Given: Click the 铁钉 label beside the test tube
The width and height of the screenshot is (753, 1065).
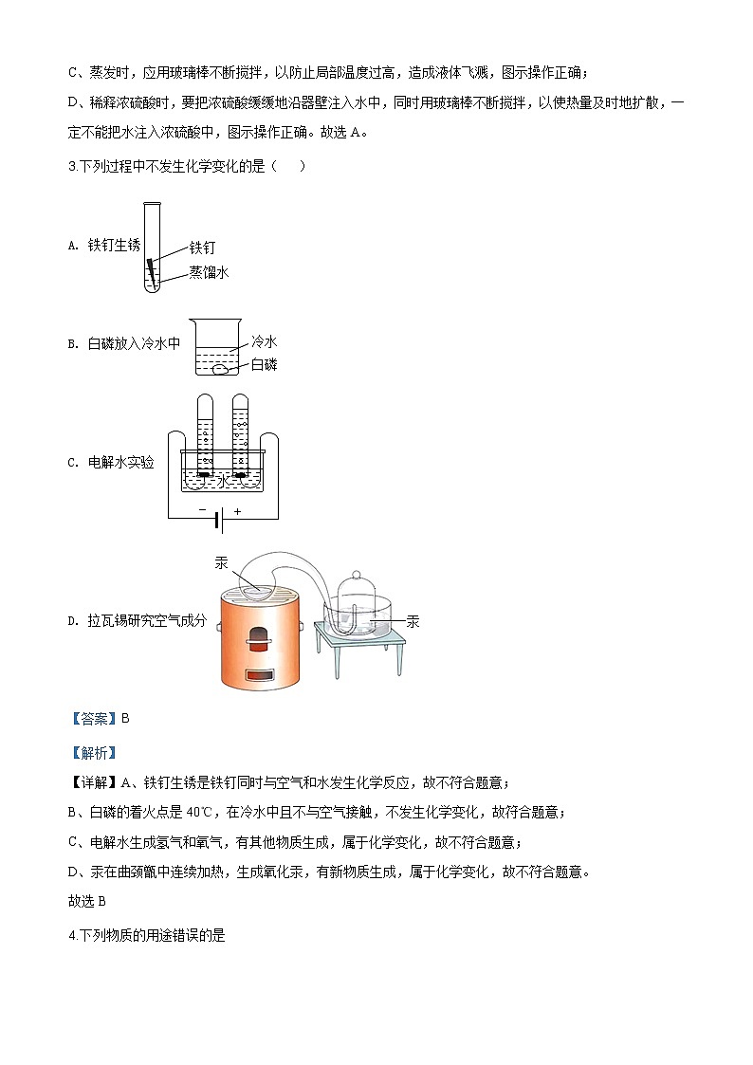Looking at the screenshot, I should click(x=203, y=248).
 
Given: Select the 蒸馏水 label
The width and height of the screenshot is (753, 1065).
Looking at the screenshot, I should click(x=209, y=272).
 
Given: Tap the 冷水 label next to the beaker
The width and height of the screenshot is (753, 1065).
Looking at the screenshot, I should click(x=264, y=342).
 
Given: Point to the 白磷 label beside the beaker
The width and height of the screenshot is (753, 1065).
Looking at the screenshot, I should click(x=264, y=365).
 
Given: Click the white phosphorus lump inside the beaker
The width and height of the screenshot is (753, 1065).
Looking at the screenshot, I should click(x=219, y=370).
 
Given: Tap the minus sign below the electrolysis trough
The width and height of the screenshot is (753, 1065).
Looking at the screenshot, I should click(x=202, y=510).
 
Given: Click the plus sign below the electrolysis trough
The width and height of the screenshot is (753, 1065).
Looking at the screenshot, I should click(x=237, y=510).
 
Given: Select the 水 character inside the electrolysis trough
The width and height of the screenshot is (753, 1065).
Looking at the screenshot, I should click(x=223, y=481).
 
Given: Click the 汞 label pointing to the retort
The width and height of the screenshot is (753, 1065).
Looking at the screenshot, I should click(x=222, y=562).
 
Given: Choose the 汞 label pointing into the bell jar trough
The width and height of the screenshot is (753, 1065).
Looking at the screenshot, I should click(x=412, y=622).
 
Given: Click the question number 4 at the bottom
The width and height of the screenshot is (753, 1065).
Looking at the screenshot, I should click(x=73, y=935).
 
